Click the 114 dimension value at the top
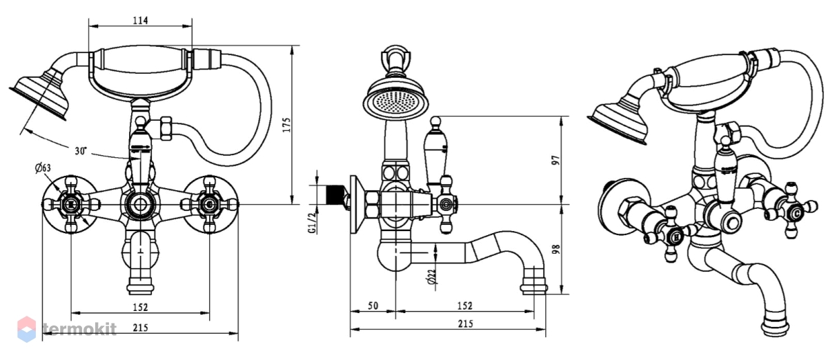pos(141,20)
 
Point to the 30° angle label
pos(81,151)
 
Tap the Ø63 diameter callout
pos(43,168)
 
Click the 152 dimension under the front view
pos(140,307)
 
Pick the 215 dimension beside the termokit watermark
pos(141,328)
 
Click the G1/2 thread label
pos(313,223)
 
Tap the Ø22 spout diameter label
pos(432,277)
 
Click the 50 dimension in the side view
pos(373,306)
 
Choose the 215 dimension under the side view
pos(465,323)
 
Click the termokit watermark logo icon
pos(27,329)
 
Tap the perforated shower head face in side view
pos(395,101)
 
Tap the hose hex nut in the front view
pos(166,128)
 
